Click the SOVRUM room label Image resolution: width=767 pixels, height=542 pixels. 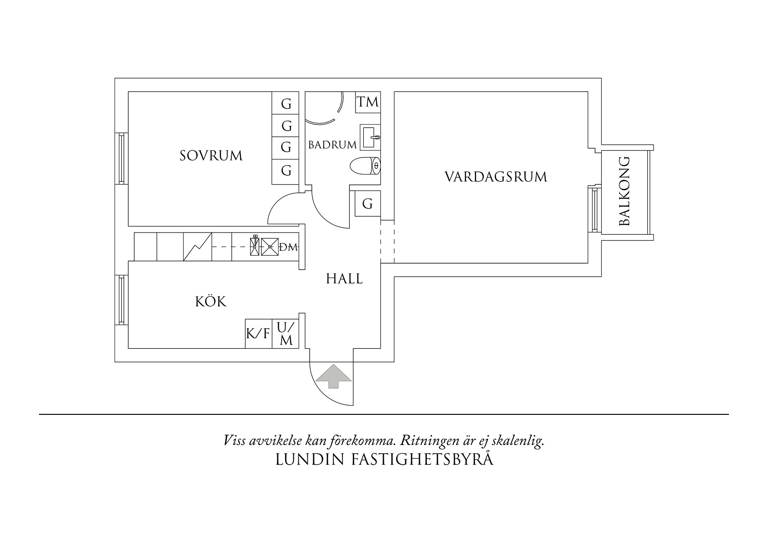point(211,156)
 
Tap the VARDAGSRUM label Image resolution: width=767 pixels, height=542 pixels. point(496,177)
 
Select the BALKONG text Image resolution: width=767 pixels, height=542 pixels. point(625,191)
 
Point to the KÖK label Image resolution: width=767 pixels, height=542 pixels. point(211,302)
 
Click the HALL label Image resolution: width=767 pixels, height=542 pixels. point(344,279)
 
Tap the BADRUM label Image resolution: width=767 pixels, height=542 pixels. point(332,145)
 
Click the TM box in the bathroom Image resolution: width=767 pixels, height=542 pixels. point(367,102)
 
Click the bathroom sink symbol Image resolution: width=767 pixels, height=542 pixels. point(370,137)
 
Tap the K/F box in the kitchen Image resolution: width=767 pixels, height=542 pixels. point(258,334)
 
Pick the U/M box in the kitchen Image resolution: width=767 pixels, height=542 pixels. point(286,334)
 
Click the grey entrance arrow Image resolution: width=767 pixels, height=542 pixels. point(333,376)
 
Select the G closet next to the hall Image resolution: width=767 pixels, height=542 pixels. point(367,204)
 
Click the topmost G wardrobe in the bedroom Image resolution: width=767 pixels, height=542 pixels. point(286,104)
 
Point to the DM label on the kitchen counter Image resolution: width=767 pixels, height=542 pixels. point(288,247)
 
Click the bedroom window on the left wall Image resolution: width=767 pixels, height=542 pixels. point(121,158)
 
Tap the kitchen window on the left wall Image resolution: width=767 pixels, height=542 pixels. point(121,300)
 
